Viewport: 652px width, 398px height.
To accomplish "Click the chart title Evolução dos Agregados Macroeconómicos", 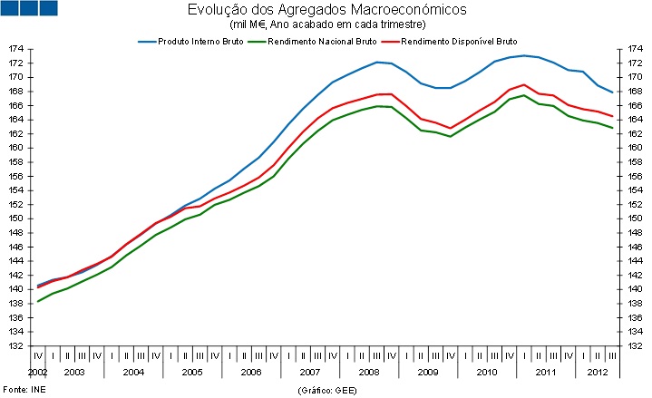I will (327, 10).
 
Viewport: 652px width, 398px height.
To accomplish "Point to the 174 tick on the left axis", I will (15, 49).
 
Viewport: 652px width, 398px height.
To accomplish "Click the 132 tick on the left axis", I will (15, 345).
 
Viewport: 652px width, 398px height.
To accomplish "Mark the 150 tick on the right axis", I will (634, 218).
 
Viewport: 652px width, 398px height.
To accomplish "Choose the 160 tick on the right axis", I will (634, 148).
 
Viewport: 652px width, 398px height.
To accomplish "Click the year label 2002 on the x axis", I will (38, 373).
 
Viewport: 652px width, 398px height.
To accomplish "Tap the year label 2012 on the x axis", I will (598, 373).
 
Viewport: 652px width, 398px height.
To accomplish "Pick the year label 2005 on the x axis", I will (191, 373).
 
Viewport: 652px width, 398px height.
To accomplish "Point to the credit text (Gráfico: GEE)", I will (326, 389).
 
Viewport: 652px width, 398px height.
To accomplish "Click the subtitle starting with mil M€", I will (327, 24).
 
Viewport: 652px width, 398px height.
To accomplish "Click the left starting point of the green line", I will (37, 300).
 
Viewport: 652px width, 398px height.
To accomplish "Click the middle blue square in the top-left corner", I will (29, 8).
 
